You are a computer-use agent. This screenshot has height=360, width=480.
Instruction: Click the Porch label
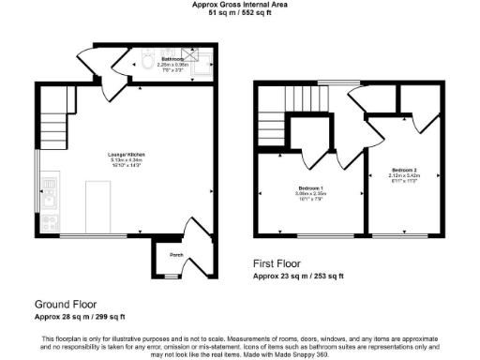[175, 254]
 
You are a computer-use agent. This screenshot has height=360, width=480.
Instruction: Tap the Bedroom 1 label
[310, 188]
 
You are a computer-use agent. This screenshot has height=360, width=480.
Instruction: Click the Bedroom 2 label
[401, 169]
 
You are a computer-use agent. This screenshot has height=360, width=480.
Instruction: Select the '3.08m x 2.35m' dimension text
[310, 194]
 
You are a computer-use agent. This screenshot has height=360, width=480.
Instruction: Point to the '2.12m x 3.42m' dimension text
[401, 174]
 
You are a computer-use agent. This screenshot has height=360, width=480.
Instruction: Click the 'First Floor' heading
[285, 264]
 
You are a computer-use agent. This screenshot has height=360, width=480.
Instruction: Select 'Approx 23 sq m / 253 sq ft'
[298, 277]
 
